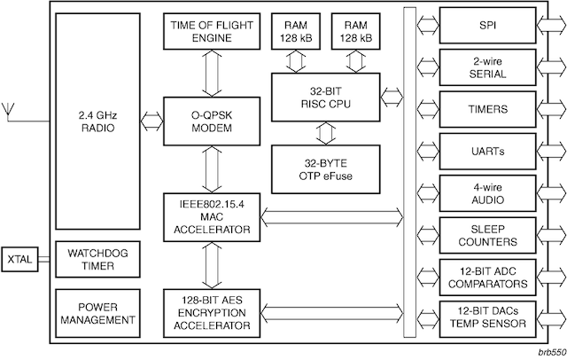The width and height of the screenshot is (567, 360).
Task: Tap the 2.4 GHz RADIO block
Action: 97,120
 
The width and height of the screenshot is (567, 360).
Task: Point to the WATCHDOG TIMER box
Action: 97,260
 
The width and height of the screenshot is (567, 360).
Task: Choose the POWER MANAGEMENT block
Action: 97,312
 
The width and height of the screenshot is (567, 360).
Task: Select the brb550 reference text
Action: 547,351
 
